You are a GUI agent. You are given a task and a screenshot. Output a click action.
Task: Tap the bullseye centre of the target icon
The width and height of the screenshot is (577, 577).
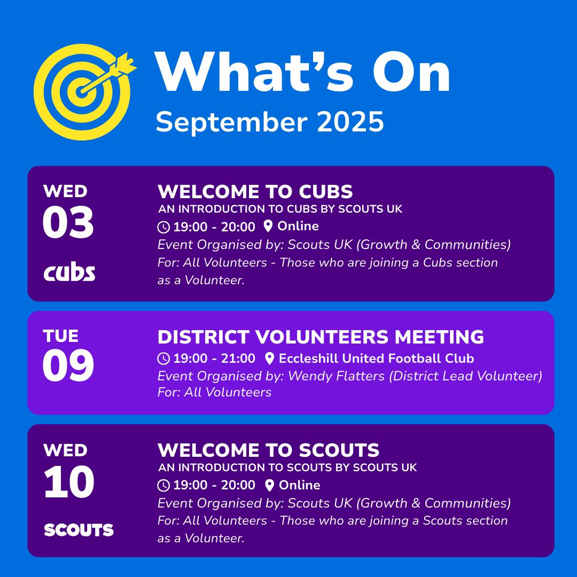82,92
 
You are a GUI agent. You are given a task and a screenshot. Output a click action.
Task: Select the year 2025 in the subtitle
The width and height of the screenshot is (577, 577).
350,122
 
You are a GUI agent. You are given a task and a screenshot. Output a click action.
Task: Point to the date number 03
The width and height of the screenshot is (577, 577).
68,222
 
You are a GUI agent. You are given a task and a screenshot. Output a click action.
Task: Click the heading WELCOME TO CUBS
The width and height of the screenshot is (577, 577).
255,192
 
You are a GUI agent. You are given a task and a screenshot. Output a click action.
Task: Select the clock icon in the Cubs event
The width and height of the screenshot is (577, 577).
163,227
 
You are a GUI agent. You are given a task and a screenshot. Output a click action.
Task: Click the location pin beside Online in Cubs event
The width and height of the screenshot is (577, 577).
268,226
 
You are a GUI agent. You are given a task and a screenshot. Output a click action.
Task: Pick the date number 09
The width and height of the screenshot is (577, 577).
68,365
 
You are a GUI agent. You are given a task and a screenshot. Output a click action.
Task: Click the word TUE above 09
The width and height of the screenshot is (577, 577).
61,336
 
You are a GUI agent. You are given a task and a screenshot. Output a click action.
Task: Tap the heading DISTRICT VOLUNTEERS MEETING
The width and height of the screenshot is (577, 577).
321,337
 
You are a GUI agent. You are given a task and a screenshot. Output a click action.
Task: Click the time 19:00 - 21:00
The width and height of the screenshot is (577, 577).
214,358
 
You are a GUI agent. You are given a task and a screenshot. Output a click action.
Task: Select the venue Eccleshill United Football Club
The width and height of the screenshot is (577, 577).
376,358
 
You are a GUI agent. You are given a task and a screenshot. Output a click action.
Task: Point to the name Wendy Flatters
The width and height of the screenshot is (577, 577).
336,376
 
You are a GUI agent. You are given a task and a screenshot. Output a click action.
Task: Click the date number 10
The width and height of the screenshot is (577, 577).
69,482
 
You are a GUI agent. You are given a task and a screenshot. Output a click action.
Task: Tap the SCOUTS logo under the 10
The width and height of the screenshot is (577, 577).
79,530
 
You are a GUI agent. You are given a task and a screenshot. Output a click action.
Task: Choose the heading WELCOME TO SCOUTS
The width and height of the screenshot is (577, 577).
268,450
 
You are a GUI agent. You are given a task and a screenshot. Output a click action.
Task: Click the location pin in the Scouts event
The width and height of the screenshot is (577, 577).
269,485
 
